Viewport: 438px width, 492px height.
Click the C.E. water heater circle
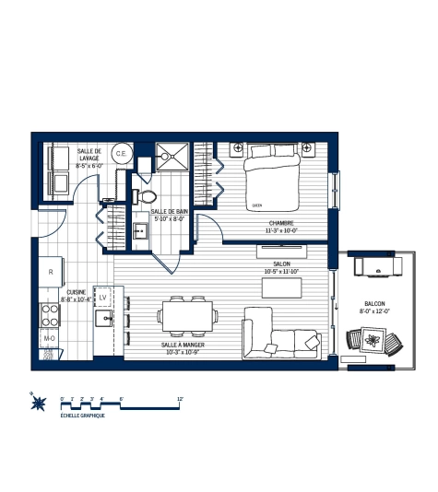[x=120, y=155]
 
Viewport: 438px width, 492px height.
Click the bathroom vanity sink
[x=141, y=230]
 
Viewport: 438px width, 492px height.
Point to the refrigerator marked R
[x=50, y=272]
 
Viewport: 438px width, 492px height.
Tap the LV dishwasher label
[x=104, y=298]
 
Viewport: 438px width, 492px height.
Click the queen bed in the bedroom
[x=272, y=182]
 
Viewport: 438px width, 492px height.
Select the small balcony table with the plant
[x=373, y=344]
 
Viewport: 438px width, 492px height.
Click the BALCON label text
[x=374, y=303]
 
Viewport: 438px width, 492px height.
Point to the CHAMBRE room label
[x=282, y=224]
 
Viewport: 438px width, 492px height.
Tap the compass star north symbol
[x=37, y=400]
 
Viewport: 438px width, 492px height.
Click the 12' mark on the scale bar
[x=181, y=399]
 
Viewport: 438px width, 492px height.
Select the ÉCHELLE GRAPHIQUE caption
[x=81, y=416]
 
